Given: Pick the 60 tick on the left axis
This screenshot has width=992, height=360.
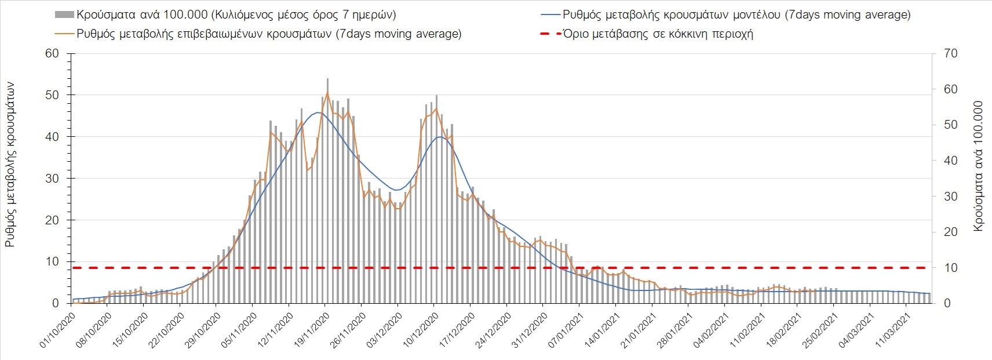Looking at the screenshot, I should point(53,53).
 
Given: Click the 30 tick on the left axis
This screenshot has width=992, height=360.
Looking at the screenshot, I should point(53,179).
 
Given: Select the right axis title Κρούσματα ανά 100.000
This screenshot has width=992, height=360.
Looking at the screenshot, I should point(979,166).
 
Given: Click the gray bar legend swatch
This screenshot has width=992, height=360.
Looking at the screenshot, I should point(65,14).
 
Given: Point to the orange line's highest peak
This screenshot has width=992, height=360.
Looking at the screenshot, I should point(327,93).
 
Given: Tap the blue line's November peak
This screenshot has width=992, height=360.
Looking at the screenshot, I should point(318,112).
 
